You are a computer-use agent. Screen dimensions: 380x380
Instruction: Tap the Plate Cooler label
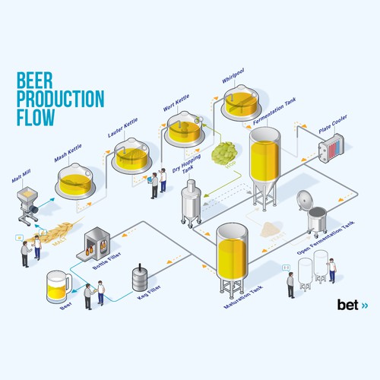[x=333, y=131]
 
